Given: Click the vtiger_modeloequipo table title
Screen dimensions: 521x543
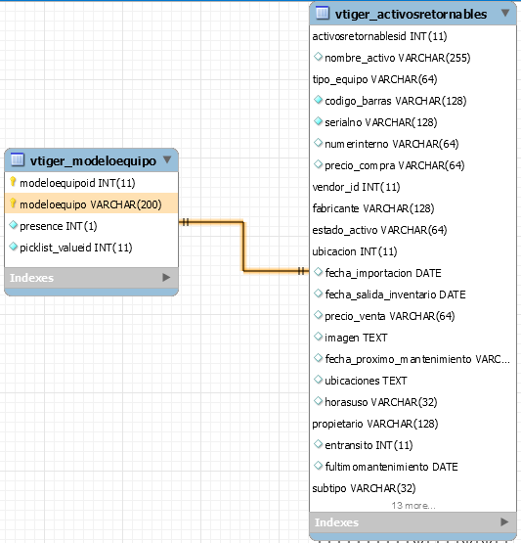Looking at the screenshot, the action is click(93, 161).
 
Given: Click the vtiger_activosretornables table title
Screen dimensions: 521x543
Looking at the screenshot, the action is click(411, 15).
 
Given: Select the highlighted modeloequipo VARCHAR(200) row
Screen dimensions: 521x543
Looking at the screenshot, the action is click(91, 204).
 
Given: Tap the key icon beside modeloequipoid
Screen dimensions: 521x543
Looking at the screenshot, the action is click(13, 181).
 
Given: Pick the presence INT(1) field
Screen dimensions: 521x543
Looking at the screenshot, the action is click(58, 226).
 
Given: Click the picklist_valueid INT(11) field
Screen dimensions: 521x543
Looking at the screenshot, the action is click(76, 248).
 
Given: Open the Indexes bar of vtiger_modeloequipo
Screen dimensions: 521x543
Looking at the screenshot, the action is click(91, 278).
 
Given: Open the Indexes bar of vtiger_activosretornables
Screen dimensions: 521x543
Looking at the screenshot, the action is click(412, 522).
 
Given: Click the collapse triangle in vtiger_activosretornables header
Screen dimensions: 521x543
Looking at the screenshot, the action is click(505, 13).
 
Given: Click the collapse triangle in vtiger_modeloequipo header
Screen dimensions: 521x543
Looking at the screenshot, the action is click(167, 159).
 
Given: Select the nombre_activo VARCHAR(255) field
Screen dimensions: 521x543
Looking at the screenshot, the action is click(398, 58).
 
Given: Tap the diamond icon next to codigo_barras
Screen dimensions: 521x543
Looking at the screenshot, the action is click(318, 100).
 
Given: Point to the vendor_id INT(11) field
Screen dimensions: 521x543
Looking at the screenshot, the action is click(356, 187).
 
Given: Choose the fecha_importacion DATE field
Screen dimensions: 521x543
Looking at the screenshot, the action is click(383, 273).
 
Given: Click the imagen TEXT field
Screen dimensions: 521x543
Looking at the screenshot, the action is click(356, 338).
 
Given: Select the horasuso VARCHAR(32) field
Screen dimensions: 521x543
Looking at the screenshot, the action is click(381, 402).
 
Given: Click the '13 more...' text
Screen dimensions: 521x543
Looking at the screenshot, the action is click(413, 506).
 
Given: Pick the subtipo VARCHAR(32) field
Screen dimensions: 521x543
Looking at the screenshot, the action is click(364, 488).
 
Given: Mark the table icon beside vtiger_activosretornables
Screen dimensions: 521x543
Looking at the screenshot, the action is click(322, 13).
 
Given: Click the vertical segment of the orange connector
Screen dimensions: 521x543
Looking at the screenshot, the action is click(243, 247).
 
